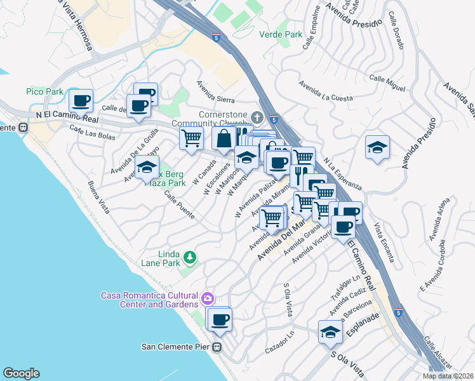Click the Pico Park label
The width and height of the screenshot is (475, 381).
tap(45, 91)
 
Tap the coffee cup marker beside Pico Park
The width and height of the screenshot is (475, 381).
tap(81, 100)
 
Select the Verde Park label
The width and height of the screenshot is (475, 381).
tap(281, 35)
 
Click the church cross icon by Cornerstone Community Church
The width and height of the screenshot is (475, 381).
tap(257, 117)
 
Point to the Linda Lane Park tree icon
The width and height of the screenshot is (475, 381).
tap(189, 257)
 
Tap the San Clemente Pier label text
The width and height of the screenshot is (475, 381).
tap(176, 347)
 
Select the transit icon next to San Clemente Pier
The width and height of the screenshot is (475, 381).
tap(217, 347)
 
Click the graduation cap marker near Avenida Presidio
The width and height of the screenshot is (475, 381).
tap(377, 148)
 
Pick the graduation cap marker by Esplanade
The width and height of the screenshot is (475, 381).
tap(330, 332)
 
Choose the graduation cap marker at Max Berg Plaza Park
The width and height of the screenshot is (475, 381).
tap(147, 169)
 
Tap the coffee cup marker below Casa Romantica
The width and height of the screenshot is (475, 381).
tap(220, 319)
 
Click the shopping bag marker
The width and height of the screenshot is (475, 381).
tap(224, 139)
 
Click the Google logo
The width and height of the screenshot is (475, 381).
tap(21, 373)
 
